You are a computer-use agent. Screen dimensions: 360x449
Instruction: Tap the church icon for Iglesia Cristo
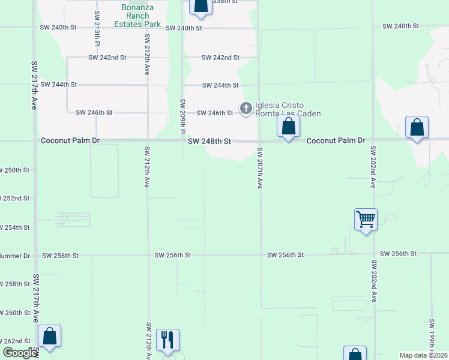point(246,109)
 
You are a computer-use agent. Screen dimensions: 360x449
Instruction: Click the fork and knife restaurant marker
point(168,340)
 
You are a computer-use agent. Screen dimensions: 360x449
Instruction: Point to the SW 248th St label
point(209,142)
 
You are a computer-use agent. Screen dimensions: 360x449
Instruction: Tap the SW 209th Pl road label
point(182,116)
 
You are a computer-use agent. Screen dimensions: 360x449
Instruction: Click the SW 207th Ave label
point(260,168)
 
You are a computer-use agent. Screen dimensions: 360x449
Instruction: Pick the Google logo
point(19,353)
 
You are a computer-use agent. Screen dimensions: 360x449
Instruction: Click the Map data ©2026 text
point(423,355)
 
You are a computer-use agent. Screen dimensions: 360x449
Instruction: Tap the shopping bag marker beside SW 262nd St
point(49,336)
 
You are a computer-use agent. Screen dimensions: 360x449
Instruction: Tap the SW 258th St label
point(14,284)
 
